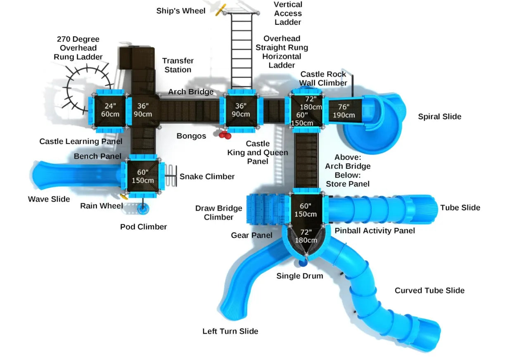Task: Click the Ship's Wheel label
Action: click(x=180, y=11)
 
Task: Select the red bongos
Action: click(x=225, y=135)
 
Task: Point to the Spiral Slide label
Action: click(x=439, y=116)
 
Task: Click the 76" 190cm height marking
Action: click(x=344, y=111)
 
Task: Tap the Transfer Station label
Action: click(x=178, y=65)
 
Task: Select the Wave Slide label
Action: click(x=49, y=199)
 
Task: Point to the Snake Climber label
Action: click(x=207, y=177)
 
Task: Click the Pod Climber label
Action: click(x=144, y=227)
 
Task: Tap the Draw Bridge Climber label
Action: click(x=218, y=213)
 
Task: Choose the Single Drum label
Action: click(x=300, y=276)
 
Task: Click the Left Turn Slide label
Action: click(x=230, y=331)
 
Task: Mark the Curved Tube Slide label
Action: click(x=429, y=291)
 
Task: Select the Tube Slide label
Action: click(x=460, y=207)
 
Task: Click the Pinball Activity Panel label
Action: click(x=375, y=231)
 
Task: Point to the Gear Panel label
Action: click(x=251, y=235)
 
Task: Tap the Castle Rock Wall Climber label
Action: click(x=323, y=78)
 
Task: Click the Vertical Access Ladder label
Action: click(x=288, y=13)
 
